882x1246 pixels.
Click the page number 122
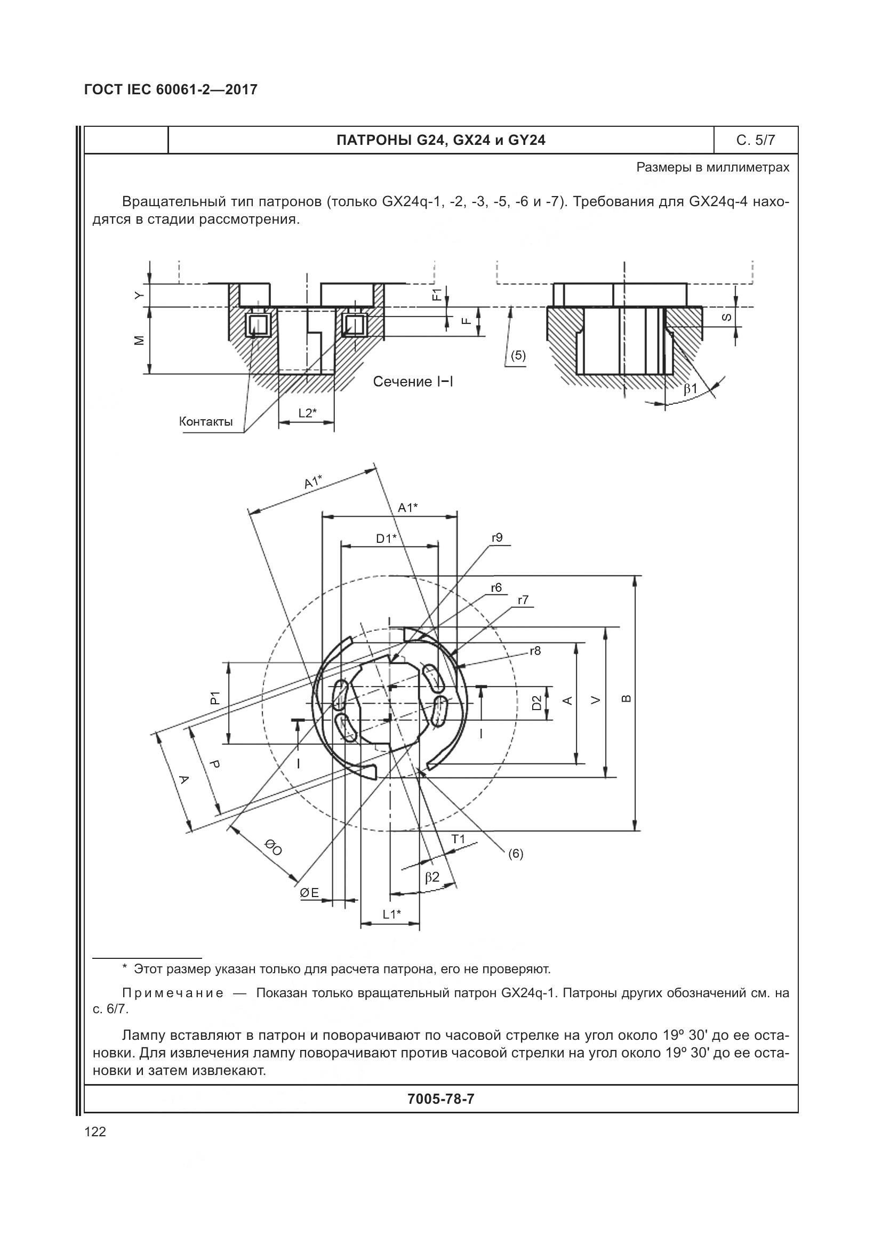point(95,1131)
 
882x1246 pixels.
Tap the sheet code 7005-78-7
point(440,1099)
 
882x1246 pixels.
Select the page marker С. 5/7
point(756,141)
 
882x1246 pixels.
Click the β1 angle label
point(690,388)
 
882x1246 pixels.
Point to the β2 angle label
point(432,877)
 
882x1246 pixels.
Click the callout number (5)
point(518,355)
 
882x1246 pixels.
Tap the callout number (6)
point(516,853)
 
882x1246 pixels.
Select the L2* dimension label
point(307,413)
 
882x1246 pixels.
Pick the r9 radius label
point(497,538)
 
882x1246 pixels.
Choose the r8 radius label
point(535,650)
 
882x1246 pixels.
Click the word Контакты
point(206,422)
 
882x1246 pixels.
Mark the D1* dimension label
point(386,539)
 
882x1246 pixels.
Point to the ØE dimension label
point(310,893)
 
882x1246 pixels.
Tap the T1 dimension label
point(459,839)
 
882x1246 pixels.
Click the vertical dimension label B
point(626,698)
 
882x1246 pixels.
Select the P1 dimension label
point(215,698)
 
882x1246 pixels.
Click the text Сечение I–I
point(413,382)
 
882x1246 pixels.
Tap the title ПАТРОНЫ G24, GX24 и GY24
point(440,141)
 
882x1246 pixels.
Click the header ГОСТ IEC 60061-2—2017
point(171,89)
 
